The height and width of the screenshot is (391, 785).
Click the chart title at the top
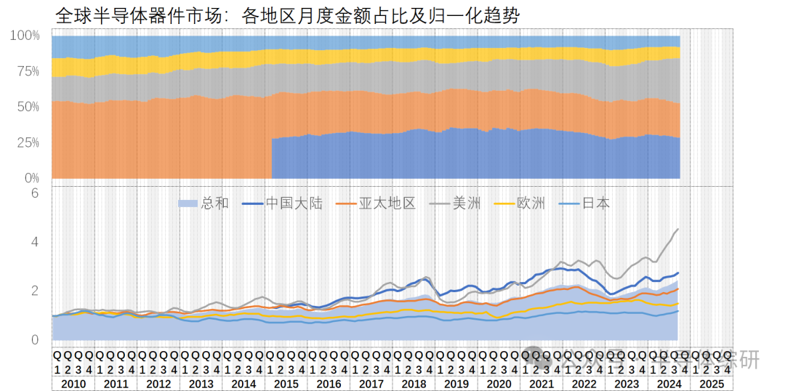(x=287, y=15)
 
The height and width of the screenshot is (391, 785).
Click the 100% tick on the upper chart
(x=25, y=36)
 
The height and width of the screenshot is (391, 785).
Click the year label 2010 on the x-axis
(x=73, y=383)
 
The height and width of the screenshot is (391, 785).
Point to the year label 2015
(x=286, y=383)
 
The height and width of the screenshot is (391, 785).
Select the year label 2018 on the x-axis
(x=414, y=383)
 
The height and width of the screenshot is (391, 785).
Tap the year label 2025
(x=711, y=383)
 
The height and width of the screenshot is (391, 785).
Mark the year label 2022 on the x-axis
(x=584, y=383)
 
